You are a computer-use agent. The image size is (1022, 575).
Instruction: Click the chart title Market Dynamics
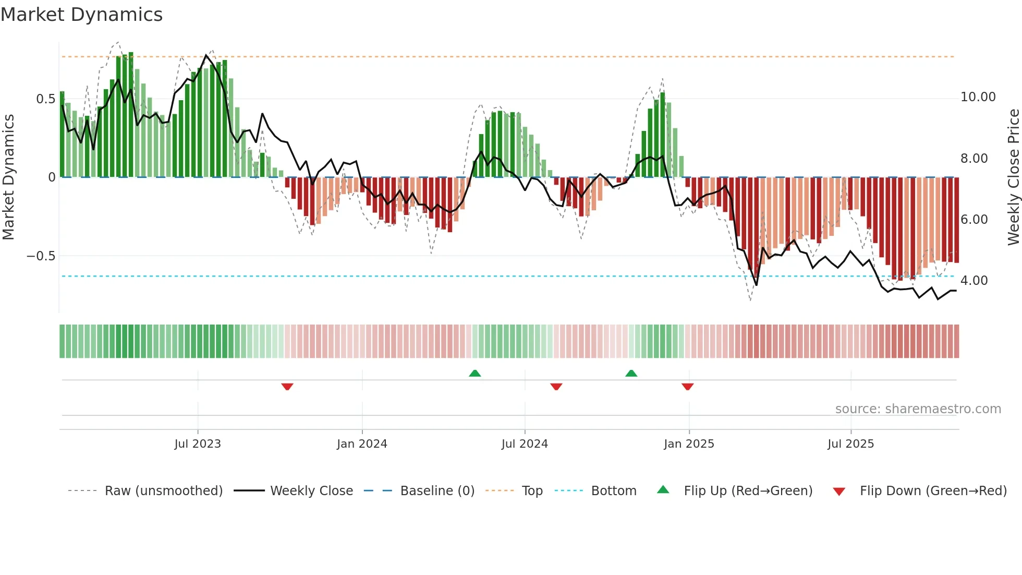tap(81, 15)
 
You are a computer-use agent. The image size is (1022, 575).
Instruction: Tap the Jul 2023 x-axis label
tap(198, 444)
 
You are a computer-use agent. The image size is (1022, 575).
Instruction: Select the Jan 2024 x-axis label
tap(362, 444)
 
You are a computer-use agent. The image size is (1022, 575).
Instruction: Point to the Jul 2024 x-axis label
tap(525, 444)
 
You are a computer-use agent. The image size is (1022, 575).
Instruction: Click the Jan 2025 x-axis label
tap(689, 444)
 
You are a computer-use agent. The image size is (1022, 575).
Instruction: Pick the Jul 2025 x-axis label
tap(850, 444)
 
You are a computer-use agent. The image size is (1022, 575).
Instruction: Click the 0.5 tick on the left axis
tap(45, 99)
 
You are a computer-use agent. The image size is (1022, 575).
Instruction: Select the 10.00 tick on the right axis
tap(978, 97)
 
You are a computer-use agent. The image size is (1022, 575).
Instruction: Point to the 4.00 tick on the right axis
tap(974, 281)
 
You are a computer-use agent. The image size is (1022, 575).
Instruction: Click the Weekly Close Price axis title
tap(1013, 177)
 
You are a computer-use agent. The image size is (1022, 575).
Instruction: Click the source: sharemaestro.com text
tap(918, 409)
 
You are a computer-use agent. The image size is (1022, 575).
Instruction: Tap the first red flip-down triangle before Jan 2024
tap(287, 387)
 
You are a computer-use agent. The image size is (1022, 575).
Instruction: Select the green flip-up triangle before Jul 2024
tap(475, 373)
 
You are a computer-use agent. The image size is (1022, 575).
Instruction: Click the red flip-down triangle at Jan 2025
tap(687, 387)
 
